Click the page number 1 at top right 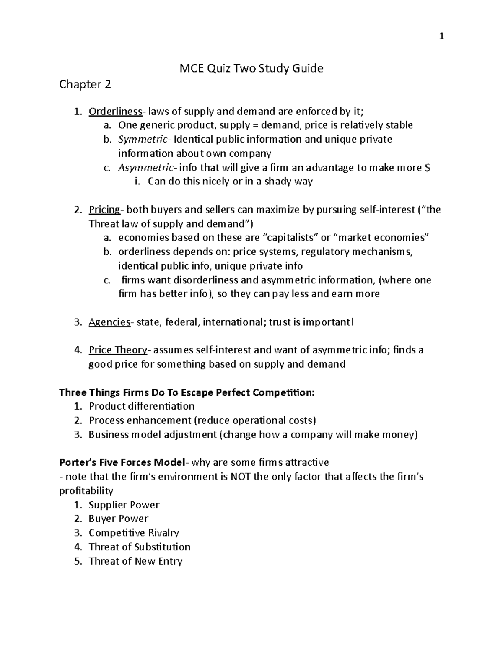(x=441, y=37)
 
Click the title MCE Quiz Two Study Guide (x=251, y=68)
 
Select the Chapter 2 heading (x=85, y=85)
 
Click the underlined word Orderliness (x=115, y=112)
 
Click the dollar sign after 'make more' (x=427, y=168)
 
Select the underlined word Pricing (x=104, y=210)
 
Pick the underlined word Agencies (x=109, y=322)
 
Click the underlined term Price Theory (x=117, y=350)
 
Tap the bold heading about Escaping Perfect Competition (x=187, y=393)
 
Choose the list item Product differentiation (x=142, y=406)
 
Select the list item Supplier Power (x=124, y=505)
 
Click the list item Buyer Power (x=119, y=519)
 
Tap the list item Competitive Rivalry (x=134, y=533)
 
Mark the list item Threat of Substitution (x=140, y=547)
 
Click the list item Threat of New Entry (x=135, y=561)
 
